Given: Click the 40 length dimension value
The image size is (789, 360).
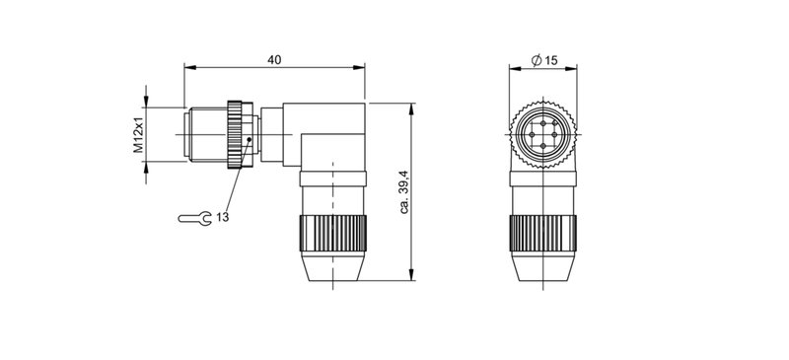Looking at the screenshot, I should [275, 60].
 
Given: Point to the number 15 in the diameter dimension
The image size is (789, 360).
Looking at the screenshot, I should [550, 60].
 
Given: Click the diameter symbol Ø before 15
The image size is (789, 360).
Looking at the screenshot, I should [535, 60].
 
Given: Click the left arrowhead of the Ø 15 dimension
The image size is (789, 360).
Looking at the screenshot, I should [513, 68].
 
